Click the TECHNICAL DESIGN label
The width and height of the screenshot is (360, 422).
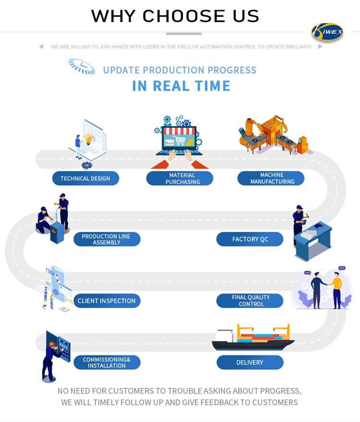click(x=85, y=178)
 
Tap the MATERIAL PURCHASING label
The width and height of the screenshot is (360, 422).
click(x=180, y=178)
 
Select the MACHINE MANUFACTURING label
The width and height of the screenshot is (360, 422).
click(x=271, y=178)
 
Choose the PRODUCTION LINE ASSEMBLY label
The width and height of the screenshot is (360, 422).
click(x=107, y=239)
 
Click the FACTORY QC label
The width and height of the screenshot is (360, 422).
click(x=250, y=239)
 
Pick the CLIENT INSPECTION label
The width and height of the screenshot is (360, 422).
click(x=107, y=301)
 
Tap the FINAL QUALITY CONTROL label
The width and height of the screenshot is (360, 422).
click(x=250, y=301)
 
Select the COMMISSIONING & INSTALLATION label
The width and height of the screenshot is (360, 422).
click(x=107, y=363)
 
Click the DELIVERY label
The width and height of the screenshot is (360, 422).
click(x=250, y=363)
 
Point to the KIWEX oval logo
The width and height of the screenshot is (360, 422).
click(x=327, y=32)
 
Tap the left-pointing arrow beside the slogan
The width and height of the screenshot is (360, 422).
click(x=41, y=47)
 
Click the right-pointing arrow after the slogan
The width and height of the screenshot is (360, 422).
click(x=320, y=47)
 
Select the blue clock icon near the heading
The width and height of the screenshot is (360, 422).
click(x=82, y=66)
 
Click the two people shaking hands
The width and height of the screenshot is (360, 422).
click(x=326, y=288)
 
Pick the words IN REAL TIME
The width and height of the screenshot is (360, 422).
click(x=181, y=86)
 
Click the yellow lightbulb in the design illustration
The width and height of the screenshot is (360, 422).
click(x=88, y=139)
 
